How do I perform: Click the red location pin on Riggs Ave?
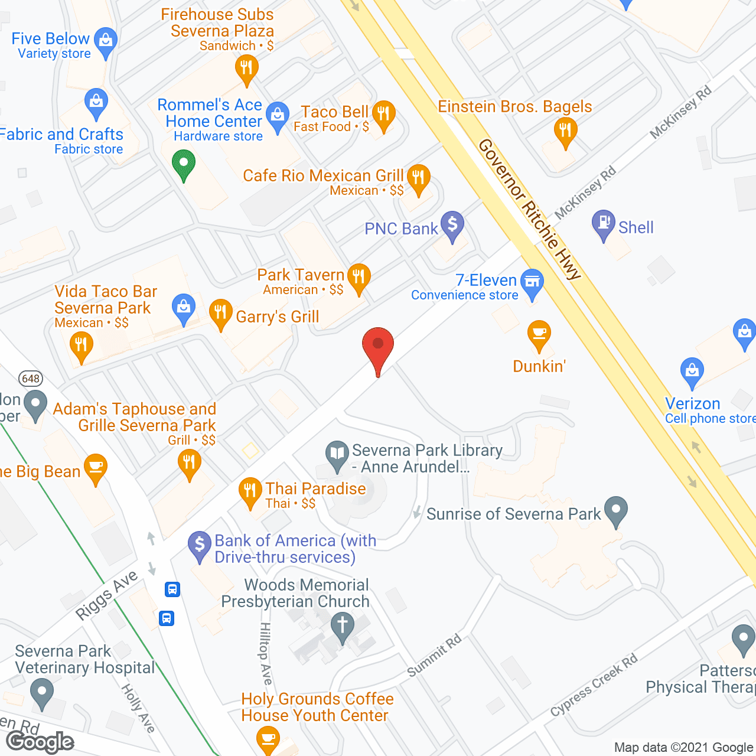(378, 346)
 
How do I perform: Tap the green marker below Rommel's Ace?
(183, 162)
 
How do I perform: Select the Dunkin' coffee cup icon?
(539, 334)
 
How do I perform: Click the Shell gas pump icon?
(604, 223)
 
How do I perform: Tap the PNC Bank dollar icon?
(452, 225)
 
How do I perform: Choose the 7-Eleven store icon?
(533, 282)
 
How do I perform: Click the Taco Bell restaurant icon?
(383, 113)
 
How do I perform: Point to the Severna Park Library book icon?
(337, 454)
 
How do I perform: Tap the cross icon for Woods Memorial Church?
(342, 625)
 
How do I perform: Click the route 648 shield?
(31, 379)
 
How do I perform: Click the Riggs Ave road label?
(107, 595)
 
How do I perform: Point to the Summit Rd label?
(434, 656)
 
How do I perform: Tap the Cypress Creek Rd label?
(594, 685)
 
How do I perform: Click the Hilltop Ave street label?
(266, 653)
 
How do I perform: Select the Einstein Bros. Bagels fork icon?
(565, 130)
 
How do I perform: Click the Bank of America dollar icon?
(200, 544)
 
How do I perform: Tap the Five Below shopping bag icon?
(106, 41)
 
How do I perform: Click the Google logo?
(40, 742)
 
